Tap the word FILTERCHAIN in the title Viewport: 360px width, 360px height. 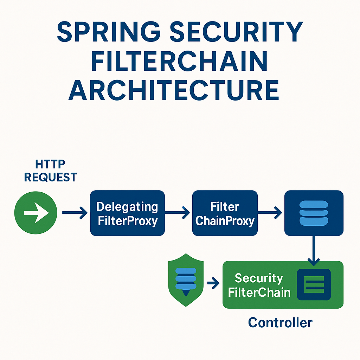pyautogui.click(x=179, y=62)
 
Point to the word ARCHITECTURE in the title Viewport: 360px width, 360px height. pyautogui.click(x=174, y=90)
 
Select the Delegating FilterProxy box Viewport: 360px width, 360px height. pyautogui.click(x=127, y=213)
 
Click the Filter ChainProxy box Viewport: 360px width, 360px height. pyautogui.click(x=225, y=213)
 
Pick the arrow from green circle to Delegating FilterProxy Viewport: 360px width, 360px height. pyautogui.click(x=75, y=213)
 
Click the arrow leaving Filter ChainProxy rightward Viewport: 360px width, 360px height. pyautogui.click(x=270, y=212)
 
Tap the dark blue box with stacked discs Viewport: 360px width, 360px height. pyautogui.click(x=314, y=213)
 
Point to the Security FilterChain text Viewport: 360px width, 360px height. pyautogui.click(x=259, y=285)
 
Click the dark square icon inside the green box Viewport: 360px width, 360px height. pyautogui.click(x=314, y=285)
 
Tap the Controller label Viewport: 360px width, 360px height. pyautogui.click(x=280, y=322)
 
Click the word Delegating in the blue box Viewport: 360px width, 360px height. pyautogui.click(x=127, y=207)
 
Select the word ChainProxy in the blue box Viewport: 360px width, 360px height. pyautogui.click(x=225, y=221)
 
